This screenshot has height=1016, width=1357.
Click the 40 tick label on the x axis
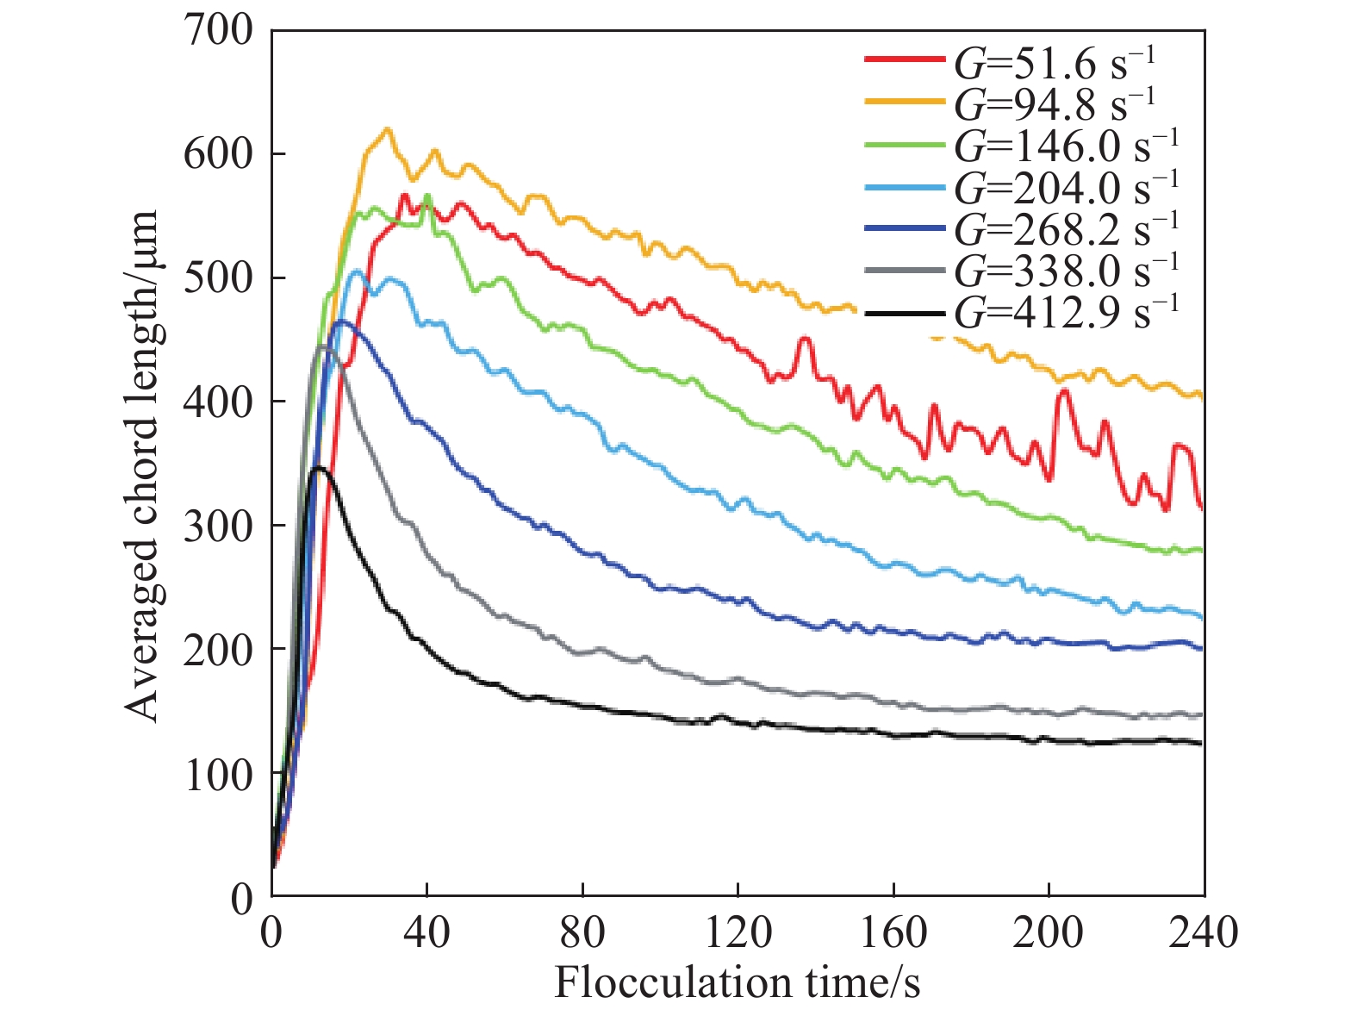click(427, 932)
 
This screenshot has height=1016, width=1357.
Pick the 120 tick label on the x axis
click(738, 932)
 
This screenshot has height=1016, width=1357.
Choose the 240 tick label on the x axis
click(1204, 932)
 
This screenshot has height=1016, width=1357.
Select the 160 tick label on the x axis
click(893, 932)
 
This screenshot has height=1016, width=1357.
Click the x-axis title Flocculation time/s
click(738, 982)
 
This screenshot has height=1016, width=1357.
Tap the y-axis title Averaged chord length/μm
click(141, 465)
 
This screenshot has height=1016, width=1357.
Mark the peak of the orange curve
click(388, 129)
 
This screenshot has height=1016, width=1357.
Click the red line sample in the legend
click(904, 59)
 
